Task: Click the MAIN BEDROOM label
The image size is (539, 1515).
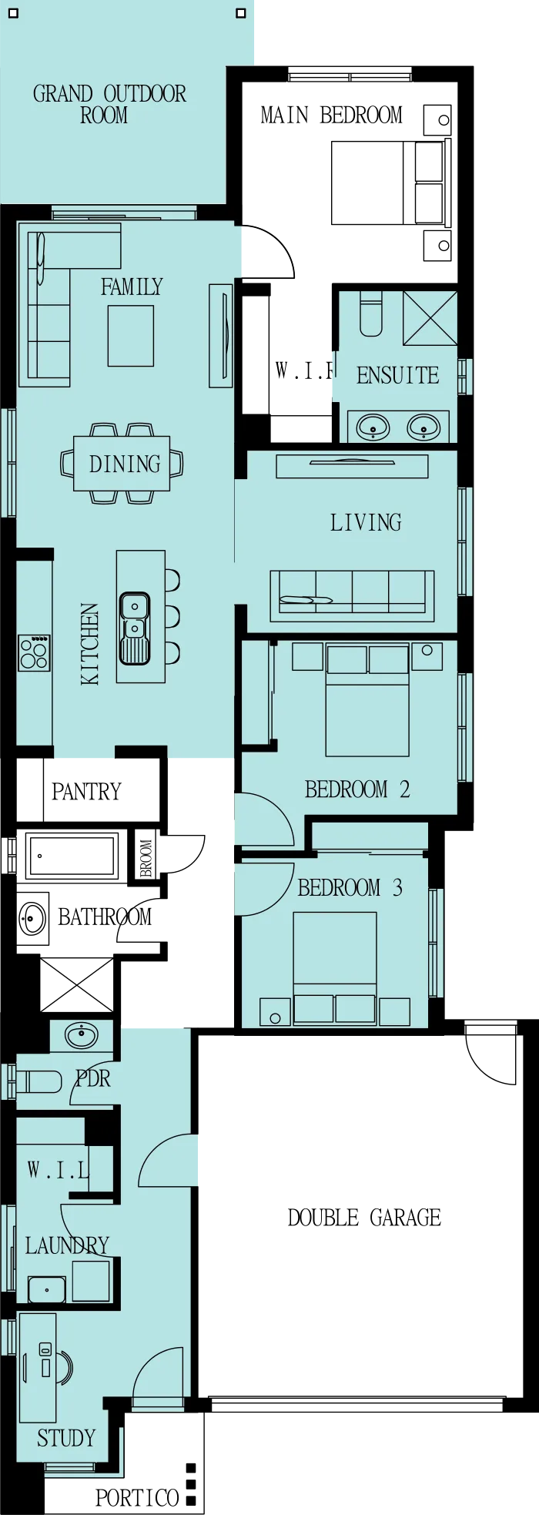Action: (331, 116)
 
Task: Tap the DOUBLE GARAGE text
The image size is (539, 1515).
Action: (364, 1218)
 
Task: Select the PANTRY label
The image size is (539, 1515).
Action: (86, 792)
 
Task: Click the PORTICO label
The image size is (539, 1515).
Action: (137, 1497)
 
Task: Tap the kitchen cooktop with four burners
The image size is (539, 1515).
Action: (35, 652)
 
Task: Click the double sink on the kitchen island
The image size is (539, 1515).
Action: (135, 628)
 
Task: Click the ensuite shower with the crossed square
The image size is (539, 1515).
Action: (430, 318)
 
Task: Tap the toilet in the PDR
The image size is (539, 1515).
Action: (38, 1081)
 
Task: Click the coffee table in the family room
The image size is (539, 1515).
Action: (131, 336)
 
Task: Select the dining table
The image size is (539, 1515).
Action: (122, 464)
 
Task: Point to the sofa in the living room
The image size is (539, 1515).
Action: (352, 595)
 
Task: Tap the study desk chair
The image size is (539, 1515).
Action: (65, 1368)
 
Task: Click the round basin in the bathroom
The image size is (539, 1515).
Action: (32, 918)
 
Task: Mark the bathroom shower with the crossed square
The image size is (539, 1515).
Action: (76, 984)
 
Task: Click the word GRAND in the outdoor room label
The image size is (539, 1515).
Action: (63, 94)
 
